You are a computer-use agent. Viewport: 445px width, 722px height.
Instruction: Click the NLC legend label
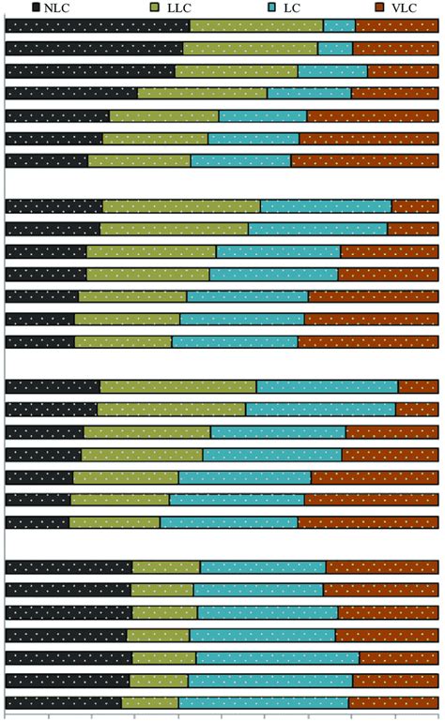71,7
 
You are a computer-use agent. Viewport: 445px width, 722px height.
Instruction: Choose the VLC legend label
405,7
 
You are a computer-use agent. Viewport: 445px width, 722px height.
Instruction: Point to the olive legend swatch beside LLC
155,7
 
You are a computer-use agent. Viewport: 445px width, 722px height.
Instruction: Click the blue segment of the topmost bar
339,25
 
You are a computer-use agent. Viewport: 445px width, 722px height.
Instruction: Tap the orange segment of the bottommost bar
393,702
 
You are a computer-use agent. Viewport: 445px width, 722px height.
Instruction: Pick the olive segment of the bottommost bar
150,702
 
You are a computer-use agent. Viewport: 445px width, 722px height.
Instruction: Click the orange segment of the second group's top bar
415,206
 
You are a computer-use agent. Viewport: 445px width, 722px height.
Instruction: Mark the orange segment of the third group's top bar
418,386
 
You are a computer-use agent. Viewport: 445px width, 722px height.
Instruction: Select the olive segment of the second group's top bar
181,206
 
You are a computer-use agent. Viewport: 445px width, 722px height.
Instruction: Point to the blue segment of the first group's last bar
240,160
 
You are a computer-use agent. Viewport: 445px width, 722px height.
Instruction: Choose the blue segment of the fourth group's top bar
263,567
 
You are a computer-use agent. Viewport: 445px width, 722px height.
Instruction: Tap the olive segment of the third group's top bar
178,386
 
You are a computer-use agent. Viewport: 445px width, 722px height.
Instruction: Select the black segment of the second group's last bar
40,341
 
